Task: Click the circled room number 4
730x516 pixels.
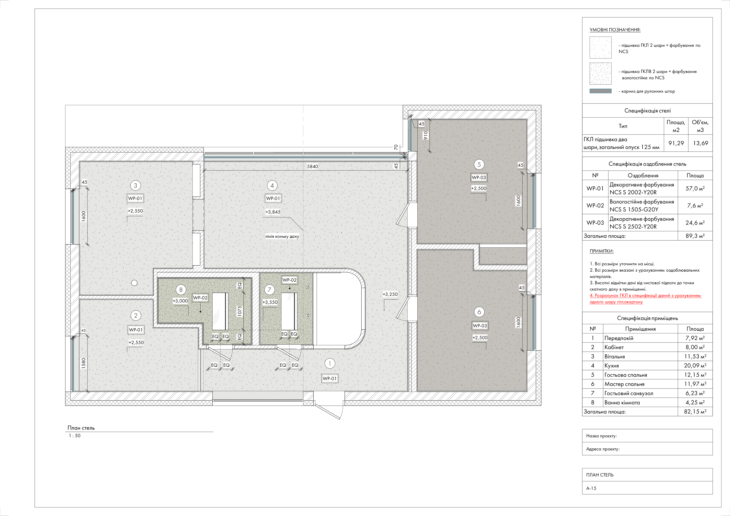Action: click(x=272, y=186)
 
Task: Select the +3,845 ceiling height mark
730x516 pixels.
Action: click(x=273, y=212)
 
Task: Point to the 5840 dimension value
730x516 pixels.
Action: click(x=313, y=167)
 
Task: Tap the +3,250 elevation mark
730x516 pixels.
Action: click(x=390, y=294)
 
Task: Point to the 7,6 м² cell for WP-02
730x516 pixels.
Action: click(x=695, y=206)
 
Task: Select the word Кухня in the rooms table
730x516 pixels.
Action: click(x=612, y=366)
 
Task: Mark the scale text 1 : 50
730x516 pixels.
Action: click(x=75, y=436)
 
